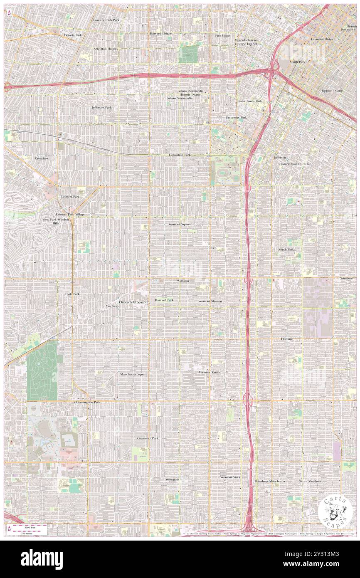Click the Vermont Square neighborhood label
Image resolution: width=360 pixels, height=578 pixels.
click(180, 224)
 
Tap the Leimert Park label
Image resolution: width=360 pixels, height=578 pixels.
click(59, 196)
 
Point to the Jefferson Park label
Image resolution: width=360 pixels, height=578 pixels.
click(101, 107)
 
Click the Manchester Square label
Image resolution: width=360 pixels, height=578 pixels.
click(133, 374)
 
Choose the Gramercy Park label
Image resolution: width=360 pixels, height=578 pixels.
click(148, 438)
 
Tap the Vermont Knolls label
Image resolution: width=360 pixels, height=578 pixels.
click(210, 372)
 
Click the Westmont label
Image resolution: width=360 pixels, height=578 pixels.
click(172, 479)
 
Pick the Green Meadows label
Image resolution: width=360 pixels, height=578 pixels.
click(310, 481)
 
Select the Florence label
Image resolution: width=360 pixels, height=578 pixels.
click(287, 339)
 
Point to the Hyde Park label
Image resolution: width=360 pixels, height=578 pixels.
click(72, 294)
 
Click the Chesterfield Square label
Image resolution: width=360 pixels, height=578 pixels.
click(133, 301)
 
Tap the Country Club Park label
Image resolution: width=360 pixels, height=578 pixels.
click(106, 20)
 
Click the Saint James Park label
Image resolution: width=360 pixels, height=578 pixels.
click(250, 101)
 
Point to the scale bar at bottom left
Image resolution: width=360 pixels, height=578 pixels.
click(28, 527)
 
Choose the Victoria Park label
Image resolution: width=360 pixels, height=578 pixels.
click(72, 35)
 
